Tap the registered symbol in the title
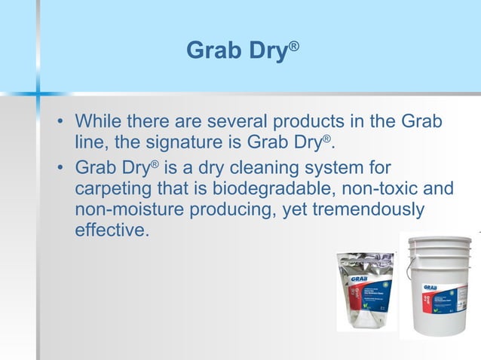point(294,45)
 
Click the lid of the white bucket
point(438,243)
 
